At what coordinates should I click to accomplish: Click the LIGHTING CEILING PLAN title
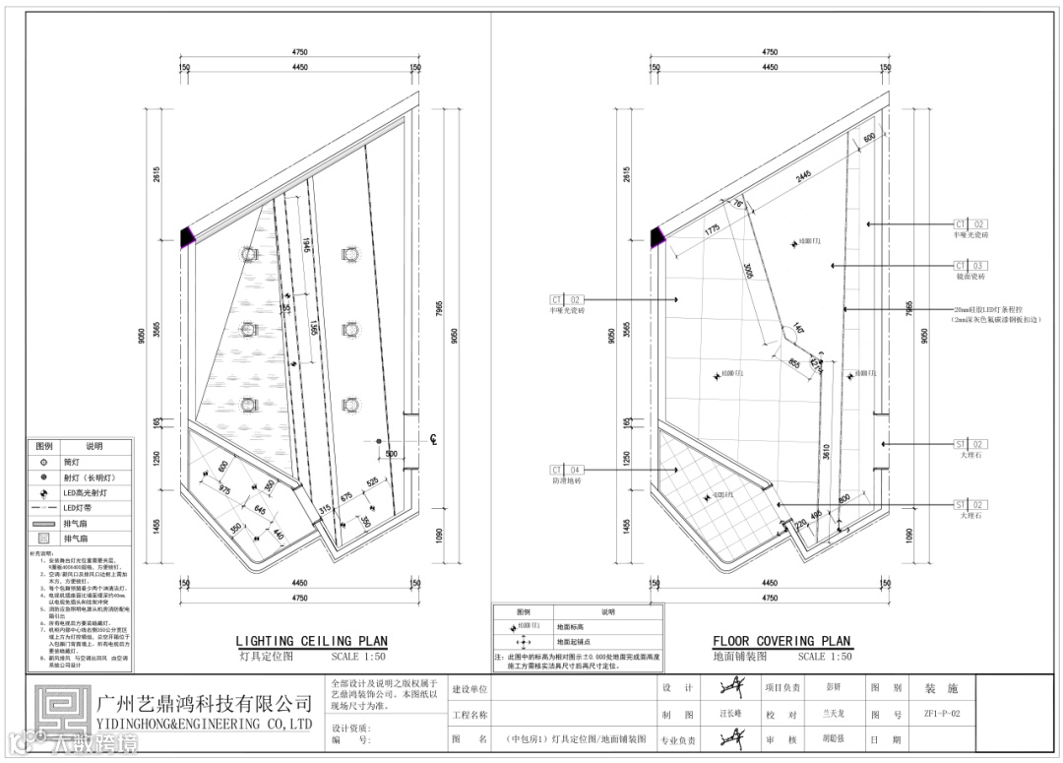click(311, 642)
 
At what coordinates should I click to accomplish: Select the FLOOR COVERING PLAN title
click(782, 642)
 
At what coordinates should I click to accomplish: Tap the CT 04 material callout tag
click(567, 470)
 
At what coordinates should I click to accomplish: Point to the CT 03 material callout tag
click(969, 266)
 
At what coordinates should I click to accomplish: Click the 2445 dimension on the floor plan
click(803, 176)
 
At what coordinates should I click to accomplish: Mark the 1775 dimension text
click(712, 228)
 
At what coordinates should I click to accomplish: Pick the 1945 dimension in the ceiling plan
click(306, 244)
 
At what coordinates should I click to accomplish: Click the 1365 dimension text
click(314, 326)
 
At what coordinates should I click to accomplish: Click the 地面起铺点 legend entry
click(573, 640)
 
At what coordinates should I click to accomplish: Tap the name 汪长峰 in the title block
click(727, 715)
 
